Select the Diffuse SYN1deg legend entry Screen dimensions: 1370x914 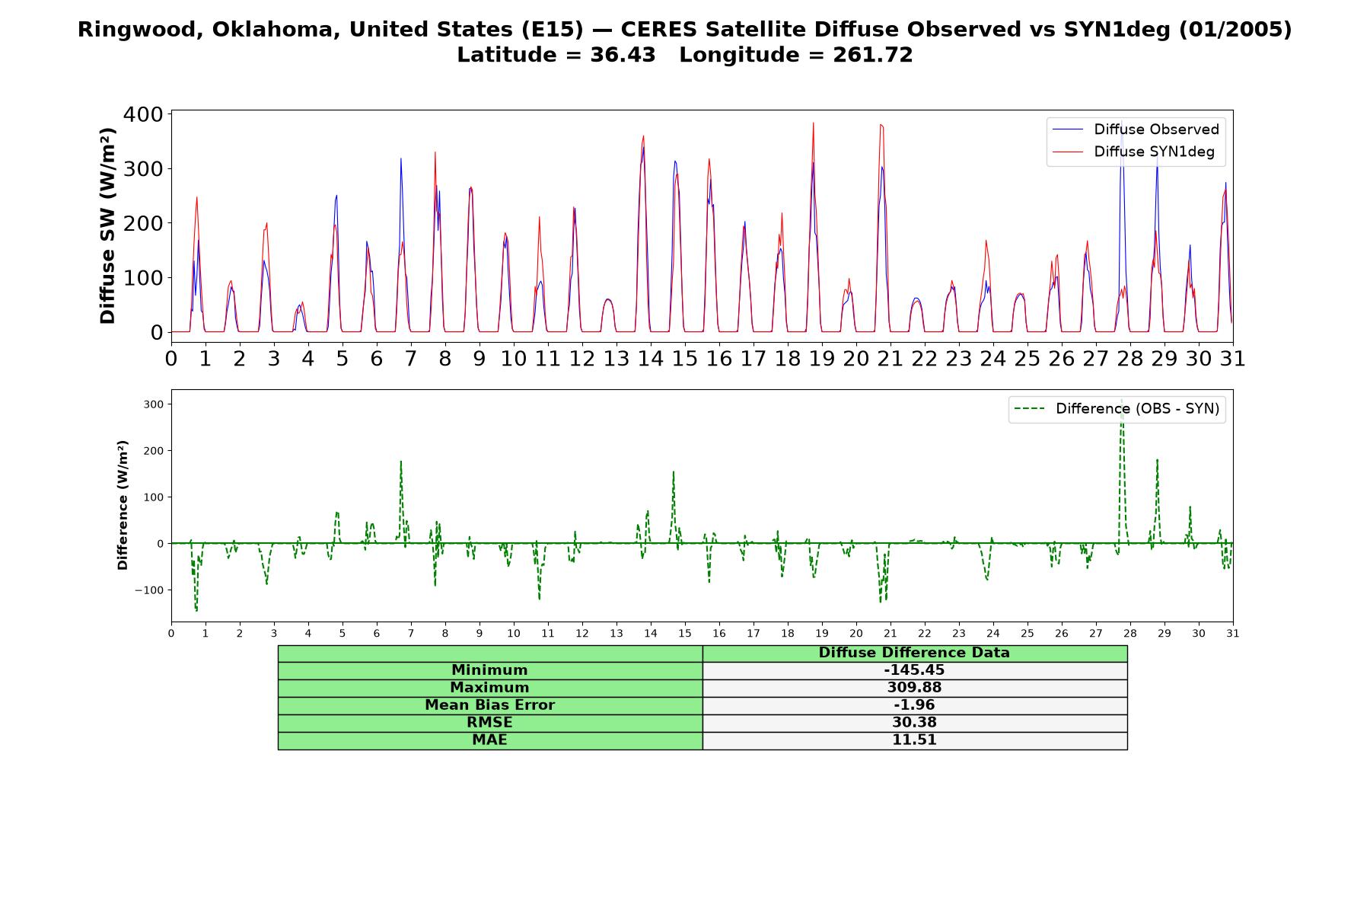click(1133, 152)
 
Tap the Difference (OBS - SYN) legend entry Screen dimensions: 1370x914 click(1117, 409)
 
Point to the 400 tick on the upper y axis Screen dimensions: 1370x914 click(143, 114)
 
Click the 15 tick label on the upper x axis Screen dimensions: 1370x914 click(684, 358)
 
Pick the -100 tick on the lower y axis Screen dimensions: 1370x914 click(149, 590)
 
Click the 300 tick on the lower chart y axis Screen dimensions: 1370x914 click(153, 404)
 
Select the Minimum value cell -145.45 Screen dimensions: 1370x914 click(914, 670)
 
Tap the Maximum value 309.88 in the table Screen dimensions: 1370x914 click(914, 688)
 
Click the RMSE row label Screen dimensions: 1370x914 click(489, 723)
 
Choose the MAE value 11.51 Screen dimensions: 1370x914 click(914, 740)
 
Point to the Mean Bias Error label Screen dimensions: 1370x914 click(489, 705)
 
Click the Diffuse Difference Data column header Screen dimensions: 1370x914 click(914, 653)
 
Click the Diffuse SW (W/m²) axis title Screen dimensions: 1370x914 click(108, 225)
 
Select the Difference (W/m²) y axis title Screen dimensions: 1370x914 click(123, 505)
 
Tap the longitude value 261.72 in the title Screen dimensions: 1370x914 click(871, 55)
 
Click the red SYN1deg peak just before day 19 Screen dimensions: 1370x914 click(813, 123)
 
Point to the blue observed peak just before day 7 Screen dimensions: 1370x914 click(400, 159)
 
